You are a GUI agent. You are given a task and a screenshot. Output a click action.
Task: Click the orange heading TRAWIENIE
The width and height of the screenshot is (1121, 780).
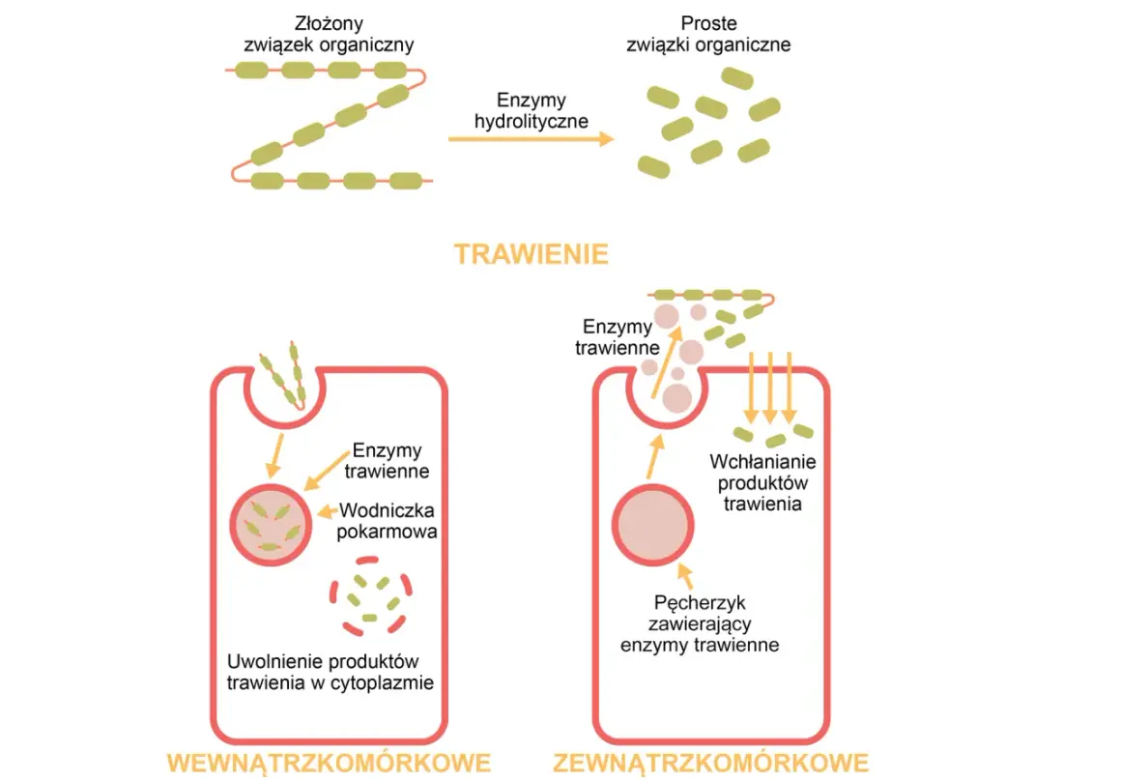point(532,254)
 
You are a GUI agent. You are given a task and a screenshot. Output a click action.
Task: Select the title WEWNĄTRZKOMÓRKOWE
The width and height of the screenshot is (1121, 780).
point(329,763)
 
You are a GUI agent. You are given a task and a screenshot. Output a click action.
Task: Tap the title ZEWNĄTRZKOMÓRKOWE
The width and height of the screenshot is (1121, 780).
point(710,763)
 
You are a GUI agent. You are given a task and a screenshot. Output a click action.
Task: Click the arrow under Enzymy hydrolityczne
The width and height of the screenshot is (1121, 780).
point(532,138)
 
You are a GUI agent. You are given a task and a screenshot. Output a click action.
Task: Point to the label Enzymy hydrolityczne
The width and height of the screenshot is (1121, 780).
point(532,110)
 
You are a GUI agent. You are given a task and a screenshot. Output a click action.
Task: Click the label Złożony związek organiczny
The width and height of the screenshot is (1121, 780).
point(329,34)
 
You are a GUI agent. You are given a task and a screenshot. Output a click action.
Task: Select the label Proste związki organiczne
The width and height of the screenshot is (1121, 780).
point(708,34)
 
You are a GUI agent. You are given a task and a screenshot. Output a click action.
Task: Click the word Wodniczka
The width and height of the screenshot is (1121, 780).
point(387,510)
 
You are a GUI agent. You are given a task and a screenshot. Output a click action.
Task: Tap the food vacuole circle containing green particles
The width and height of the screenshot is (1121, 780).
point(271,525)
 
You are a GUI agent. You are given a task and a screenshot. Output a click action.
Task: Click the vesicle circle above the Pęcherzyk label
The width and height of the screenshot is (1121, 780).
point(652,525)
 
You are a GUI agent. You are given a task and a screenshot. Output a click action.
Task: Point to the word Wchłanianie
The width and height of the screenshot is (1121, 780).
point(762,461)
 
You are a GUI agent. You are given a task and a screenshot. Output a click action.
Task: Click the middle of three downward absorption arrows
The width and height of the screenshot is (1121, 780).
point(770,387)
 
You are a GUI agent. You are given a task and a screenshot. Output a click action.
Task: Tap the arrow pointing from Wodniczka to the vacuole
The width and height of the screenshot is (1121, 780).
point(328,511)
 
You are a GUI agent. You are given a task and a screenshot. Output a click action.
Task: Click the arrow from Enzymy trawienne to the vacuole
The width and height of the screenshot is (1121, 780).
point(327,470)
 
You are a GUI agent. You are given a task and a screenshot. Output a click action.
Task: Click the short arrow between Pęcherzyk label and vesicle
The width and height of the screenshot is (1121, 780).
point(685,576)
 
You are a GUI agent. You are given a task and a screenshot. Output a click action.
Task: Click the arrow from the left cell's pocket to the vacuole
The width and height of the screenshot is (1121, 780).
point(275,454)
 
